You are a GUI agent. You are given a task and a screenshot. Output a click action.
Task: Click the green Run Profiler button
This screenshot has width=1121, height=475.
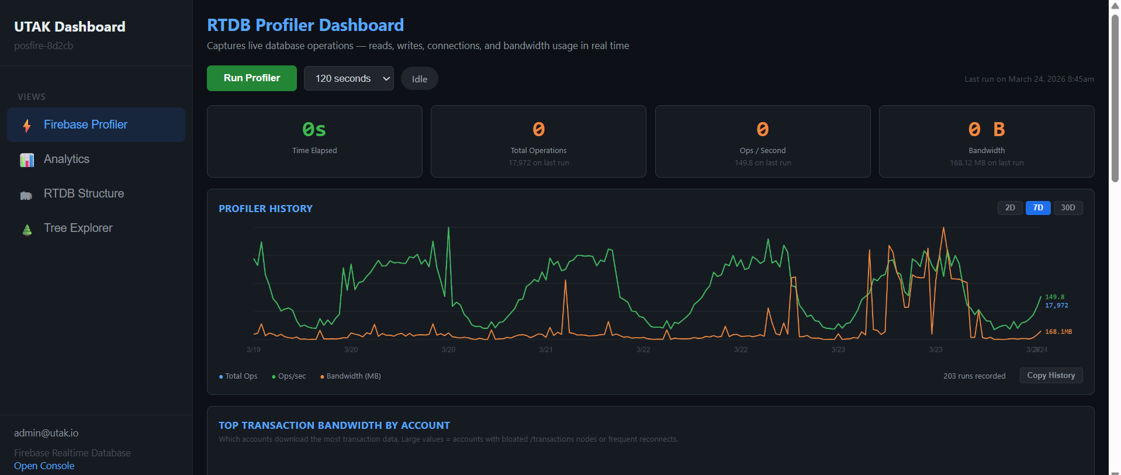pos(251,78)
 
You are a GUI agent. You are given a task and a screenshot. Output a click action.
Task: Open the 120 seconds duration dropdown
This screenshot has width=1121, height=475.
pos(348,78)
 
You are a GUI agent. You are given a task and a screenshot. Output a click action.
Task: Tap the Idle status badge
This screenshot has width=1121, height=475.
pos(419,79)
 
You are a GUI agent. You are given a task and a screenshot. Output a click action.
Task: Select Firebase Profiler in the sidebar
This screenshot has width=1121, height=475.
pos(85,124)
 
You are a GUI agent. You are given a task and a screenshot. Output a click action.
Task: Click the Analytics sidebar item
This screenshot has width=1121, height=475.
pos(67,159)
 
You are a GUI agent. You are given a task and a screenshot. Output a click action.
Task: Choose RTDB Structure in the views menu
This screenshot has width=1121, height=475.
pos(84,193)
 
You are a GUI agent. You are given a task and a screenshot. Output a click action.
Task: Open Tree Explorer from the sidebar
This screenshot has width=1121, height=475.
pos(78,228)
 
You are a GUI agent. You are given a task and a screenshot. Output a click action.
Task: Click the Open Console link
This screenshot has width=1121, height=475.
pos(44,466)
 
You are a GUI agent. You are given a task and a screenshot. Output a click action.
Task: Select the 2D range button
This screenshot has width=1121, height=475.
pos(1009,208)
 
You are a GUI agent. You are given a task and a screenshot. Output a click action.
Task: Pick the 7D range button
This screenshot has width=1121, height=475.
pos(1037,208)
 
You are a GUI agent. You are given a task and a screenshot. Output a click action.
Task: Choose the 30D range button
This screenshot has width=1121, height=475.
pos(1067,208)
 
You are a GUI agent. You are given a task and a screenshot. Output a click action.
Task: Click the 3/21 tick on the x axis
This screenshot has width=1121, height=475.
pos(545,349)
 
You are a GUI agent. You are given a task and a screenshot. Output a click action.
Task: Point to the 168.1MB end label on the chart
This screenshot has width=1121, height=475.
pos(1058,332)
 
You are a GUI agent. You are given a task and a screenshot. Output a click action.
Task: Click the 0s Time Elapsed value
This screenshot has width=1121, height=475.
pos(314,129)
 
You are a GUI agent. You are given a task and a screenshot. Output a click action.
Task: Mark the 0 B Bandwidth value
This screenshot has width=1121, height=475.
pos(986,129)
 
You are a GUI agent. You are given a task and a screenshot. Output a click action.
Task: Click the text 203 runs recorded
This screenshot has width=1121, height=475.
pos(974,376)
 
